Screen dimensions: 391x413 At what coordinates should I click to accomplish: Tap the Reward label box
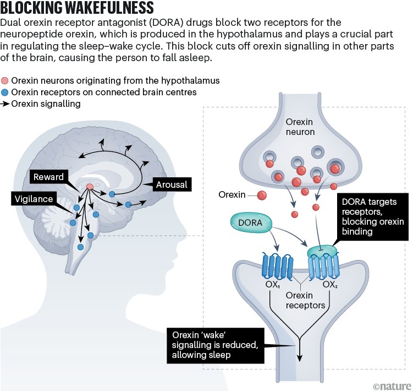pos(48,177)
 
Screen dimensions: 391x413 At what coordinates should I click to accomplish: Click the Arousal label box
pos(172,185)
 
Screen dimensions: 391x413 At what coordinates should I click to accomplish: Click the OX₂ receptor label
pos(329,285)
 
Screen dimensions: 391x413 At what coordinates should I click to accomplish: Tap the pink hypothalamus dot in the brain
pos(89,188)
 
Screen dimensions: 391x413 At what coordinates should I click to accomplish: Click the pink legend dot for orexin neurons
pos(5,81)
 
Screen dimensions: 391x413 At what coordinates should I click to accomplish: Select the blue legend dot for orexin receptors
pos(5,92)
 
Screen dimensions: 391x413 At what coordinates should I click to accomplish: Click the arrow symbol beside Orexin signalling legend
pos(5,104)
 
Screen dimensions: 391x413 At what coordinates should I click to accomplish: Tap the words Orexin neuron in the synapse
pos(300,127)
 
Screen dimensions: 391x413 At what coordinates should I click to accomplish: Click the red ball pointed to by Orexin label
pos(262,195)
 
